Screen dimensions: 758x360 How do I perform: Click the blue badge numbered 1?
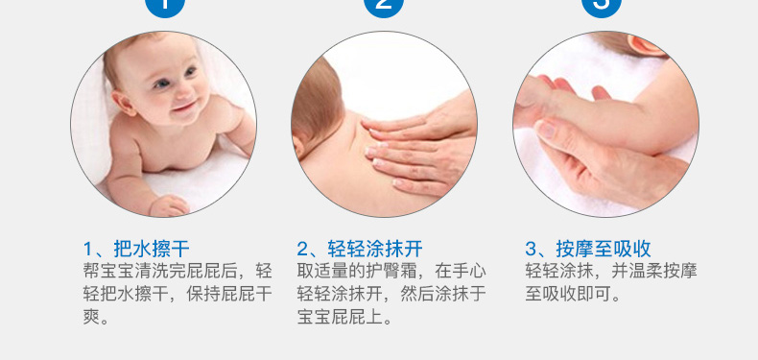click(x=164, y=7)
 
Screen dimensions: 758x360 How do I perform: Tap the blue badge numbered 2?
click(x=384, y=7)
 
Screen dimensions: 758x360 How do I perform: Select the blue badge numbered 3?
click(x=602, y=7)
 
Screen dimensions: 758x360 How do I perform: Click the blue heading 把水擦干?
click(x=152, y=249)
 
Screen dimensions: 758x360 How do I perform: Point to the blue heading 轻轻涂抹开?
click(x=375, y=249)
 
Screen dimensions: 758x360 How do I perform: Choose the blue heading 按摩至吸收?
click(x=604, y=249)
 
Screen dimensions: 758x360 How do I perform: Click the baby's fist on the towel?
click(x=169, y=205)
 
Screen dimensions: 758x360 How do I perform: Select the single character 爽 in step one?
click(x=91, y=317)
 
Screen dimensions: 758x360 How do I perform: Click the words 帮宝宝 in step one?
click(x=108, y=271)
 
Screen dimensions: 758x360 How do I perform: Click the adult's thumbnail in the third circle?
click(x=546, y=129)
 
